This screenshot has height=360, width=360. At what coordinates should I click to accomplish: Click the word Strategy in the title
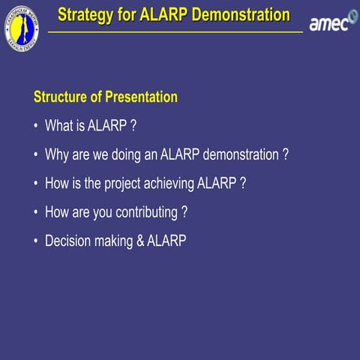[85, 15]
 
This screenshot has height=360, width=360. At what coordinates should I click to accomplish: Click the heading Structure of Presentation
[106, 97]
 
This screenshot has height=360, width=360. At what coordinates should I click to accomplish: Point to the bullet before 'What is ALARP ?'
[37, 127]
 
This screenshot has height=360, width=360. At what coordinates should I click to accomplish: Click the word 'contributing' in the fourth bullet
[144, 212]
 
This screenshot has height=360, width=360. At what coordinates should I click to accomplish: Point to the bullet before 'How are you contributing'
[37, 212]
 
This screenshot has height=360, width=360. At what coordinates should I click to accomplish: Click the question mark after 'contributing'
[184, 211]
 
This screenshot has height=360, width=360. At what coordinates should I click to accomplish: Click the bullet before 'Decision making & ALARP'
[37, 241]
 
